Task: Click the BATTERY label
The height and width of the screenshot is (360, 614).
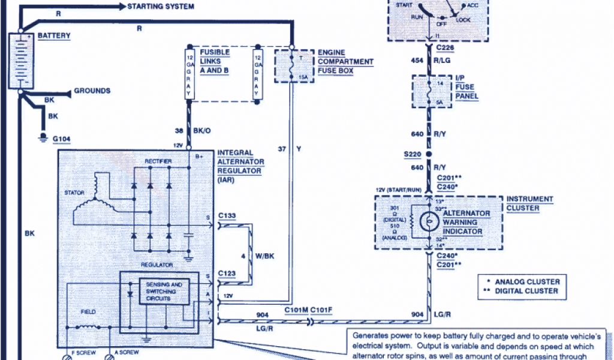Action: point(54,36)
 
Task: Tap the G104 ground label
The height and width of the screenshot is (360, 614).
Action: point(62,139)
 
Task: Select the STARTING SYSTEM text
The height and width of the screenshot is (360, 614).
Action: point(160,7)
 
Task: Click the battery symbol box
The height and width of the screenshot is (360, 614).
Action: point(20,61)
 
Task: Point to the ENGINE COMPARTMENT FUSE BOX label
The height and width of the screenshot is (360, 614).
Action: point(345,62)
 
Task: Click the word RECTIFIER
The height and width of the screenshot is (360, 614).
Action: point(158,161)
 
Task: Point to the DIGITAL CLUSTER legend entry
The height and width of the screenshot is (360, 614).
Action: point(527,291)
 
